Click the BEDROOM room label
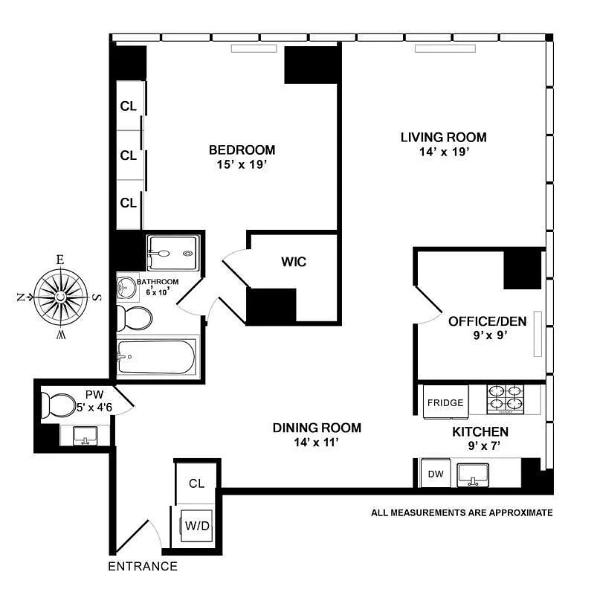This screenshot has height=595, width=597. pos(242,149)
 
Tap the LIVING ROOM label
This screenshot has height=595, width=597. pos(443,137)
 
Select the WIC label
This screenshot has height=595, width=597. pos(293,262)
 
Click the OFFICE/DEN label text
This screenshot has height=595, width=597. pos(487,321)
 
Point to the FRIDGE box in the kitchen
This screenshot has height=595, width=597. pos(445,403)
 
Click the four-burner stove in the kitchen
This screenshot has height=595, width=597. pos(505,399)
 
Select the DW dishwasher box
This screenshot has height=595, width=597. pos(432,473)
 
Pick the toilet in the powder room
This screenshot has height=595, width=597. pos(57,405)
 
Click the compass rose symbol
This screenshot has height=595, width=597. pos(59,297)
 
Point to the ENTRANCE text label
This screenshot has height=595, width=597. pos(143,567)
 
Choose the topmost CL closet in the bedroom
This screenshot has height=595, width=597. pos(129,106)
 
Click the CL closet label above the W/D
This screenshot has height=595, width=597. pos(196,483)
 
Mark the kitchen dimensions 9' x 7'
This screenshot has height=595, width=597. pos(480,446)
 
